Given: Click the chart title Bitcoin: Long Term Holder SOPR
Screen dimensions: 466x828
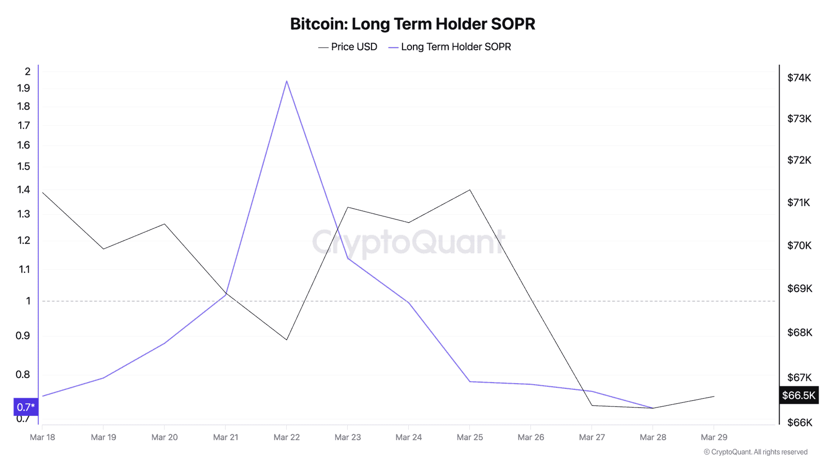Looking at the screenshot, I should pyautogui.click(x=412, y=24).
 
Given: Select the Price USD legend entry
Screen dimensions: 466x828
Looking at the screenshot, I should pyautogui.click(x=348, y=47).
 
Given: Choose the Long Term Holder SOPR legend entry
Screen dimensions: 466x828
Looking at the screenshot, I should pyautogui.click(x=450, y=47).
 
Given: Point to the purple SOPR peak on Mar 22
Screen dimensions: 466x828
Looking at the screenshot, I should pyautogui.click(x=287, y=81).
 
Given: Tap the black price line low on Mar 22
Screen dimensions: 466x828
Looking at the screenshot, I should pyautogui.click(x=287, y=340).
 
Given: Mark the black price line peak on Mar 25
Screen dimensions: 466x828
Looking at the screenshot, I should pyautogui.click(x=470, y=190).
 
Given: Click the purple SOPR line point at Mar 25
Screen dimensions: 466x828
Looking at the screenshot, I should pyautogui.click(x=470, y=382).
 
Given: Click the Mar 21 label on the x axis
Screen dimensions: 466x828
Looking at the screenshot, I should pyautogui.click(x=226, y=438).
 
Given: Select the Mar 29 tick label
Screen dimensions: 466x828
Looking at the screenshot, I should pyautogui.click(x=714, y=438).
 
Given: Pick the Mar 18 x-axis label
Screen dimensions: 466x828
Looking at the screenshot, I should pyautogui.click(x=42, y=438).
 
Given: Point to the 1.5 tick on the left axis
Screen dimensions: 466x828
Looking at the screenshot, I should pyautogui.click(x=24, y=167).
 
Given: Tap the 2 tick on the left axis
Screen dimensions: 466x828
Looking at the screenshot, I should pyautogui.click(x=28, y=71).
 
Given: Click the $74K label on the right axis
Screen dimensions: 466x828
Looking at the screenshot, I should pyautogui.click(x=799, y=78).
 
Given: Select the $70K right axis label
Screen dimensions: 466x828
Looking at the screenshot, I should pyautogui.click(x=799, y=245).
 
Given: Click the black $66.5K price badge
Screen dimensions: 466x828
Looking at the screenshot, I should pyautogui.click(x=799, y=396).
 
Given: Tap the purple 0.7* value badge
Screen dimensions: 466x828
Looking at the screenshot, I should pyautogui.click(x=26, y=407).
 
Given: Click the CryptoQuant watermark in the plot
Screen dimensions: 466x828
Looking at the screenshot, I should pyautogui.click(x=408, y=242).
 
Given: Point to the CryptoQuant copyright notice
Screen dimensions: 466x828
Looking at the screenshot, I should pyautogui.click(x=756, y=452).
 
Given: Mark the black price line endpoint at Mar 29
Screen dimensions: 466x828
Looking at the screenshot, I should pyautogui.click(x=714, y=397).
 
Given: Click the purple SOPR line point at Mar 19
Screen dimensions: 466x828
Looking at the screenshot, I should pyautogui.click(x=103, y=378).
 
